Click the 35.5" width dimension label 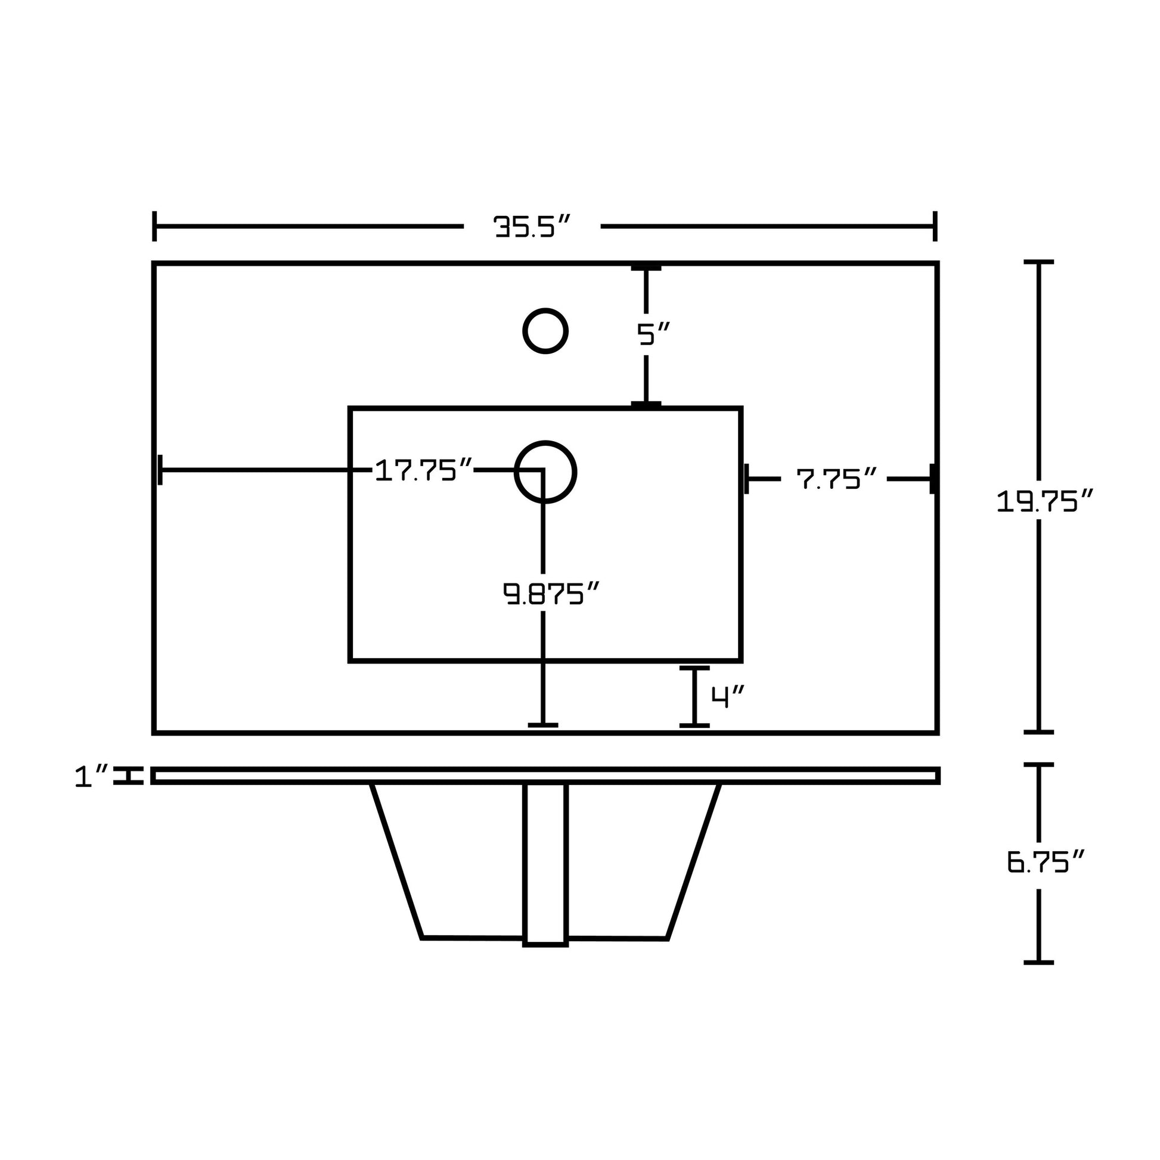(531, 227)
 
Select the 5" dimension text (653, 334)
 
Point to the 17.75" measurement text (424, 470)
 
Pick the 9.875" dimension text (551, 594)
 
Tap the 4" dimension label (728, 696)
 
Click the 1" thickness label (92, 776)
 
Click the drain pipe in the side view (545, 864)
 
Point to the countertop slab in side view (545, 776)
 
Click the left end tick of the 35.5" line (154, 227)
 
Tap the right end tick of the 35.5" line (935, 227)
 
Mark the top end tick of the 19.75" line (1039, 262)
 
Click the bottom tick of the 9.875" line (543, 725)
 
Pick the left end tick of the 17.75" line (160, 470)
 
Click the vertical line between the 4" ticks (694, 696)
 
